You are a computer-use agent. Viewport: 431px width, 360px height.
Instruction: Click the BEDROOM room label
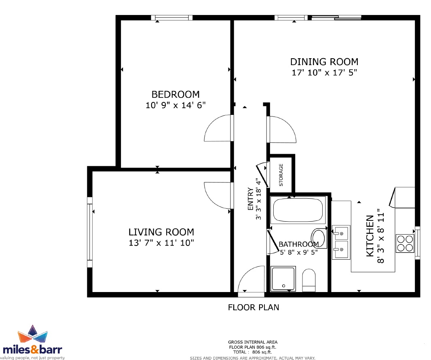pos(175,94)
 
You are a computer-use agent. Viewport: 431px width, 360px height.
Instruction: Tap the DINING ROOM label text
pos(324,61)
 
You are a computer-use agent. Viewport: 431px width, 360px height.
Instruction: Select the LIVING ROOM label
pos(161,232)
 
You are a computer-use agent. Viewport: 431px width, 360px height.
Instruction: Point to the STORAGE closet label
pos(281,175)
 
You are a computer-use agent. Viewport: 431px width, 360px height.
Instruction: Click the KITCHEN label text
pos(370,236)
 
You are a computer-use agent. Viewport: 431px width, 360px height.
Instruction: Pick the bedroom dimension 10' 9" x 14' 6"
pos(175,105)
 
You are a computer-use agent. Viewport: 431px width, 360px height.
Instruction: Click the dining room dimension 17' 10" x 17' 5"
pos(324,72)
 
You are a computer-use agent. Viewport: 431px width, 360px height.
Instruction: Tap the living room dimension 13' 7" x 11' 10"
pos(161,243)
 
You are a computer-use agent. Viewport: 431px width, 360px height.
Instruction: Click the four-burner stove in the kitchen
pos(405,244)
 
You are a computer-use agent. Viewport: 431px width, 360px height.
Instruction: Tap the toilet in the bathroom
pos(308,280)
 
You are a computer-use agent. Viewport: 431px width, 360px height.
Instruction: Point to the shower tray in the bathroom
pos(283,279)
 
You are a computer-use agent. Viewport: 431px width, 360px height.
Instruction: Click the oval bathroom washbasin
pos(319,238)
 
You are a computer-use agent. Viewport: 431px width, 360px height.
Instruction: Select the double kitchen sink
pos(341,242)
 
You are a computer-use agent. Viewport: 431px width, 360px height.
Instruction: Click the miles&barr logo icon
pos(33,334)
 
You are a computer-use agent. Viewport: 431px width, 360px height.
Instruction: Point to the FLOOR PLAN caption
pos(254,307)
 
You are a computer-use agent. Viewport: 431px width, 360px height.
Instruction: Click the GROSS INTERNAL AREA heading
pos(253,342)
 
